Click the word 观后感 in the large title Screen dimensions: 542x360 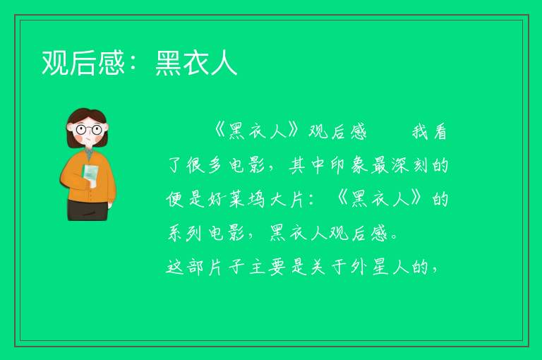tap(83, 63)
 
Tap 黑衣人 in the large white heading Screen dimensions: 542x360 tap(196, 63)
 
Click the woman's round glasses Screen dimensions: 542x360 tap(88, 130)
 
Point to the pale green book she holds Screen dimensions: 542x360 tap(90, 175)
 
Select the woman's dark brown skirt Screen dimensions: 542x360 tap(88, 210)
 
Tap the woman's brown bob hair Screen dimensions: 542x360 tap(86, 119)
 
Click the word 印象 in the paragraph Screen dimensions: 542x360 tap(349, 166)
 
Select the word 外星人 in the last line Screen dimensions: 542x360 tap(382, 268)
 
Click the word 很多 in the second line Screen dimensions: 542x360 tap(203, 166)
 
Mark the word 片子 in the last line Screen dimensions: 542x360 tap(227, 268)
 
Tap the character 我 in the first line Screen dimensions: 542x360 tap(420, 132)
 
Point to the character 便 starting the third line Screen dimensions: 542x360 tap(174, 200)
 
